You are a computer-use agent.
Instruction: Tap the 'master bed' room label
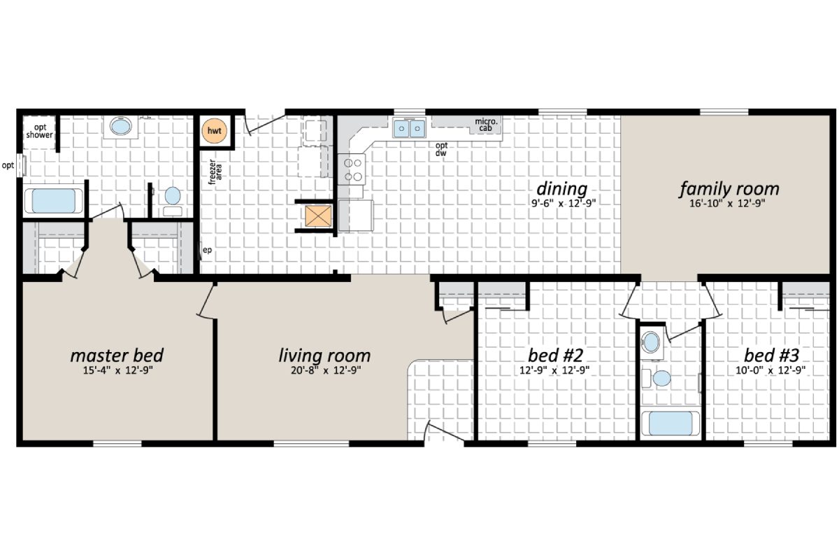click(x=117, y=355)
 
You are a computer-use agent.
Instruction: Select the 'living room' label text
click(x=324, y=355)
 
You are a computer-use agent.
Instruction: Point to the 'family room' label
click(x=729, y=189)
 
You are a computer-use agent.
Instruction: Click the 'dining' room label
click(x=561, y=189)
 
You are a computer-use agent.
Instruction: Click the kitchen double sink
click(x=410, y=129)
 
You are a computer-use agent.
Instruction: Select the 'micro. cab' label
click(x=487, y=125)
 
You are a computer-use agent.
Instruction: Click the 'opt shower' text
click(x=39, y=130)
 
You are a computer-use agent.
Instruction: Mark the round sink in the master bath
click(x=121, y=127)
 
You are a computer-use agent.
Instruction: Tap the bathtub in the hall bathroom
click(x=670, y=424)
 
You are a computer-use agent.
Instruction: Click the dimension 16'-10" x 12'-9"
click(x=729, y=205)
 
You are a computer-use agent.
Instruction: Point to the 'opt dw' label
click(x=441, y=149)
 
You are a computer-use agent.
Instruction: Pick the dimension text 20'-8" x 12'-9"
click(x=324, y=370)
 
